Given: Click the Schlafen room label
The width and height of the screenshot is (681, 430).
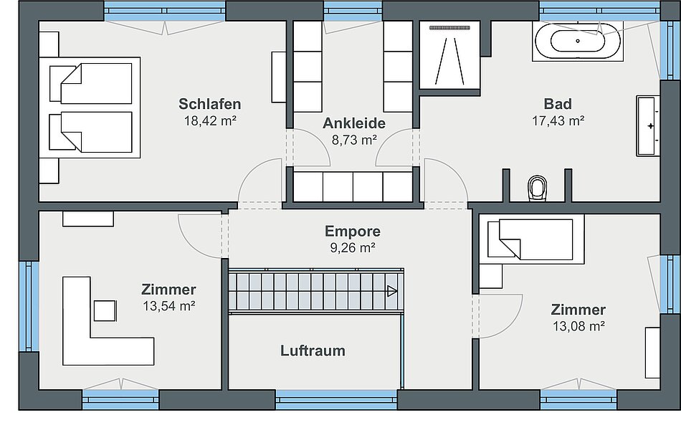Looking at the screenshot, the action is click(210, 104).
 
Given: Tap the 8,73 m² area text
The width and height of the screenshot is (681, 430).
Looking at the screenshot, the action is click(354, 140).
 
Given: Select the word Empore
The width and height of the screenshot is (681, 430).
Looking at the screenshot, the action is click(353, 231).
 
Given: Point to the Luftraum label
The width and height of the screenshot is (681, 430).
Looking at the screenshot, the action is click(313, 350).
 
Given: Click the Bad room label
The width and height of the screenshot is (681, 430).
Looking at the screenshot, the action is click(558, 104).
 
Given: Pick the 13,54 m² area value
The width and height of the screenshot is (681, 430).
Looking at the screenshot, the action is click(169, 306).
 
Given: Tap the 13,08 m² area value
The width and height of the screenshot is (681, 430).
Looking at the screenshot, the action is click(579, 326).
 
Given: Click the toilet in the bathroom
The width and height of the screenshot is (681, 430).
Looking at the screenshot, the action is click(537, 188).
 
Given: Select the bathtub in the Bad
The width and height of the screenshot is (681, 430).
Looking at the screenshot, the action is click(578, 42).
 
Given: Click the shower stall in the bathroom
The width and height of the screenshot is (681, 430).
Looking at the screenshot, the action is click(450, 55).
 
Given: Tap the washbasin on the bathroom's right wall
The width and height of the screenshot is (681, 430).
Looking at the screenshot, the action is click(648, 126).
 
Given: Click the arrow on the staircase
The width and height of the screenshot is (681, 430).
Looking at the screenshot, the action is click(391, 291).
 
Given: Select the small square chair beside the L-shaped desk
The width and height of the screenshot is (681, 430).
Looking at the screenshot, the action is click(105, 310).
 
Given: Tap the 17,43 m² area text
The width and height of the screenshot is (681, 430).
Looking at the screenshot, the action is click(558, 120).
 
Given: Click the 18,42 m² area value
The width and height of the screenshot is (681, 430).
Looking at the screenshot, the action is click(210, 120).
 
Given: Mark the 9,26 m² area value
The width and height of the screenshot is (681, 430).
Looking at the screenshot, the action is click(353, 247).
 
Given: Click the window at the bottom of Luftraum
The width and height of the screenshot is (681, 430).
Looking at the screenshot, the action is click(337, 400).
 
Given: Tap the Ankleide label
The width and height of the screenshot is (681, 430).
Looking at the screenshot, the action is click(354, 123).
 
